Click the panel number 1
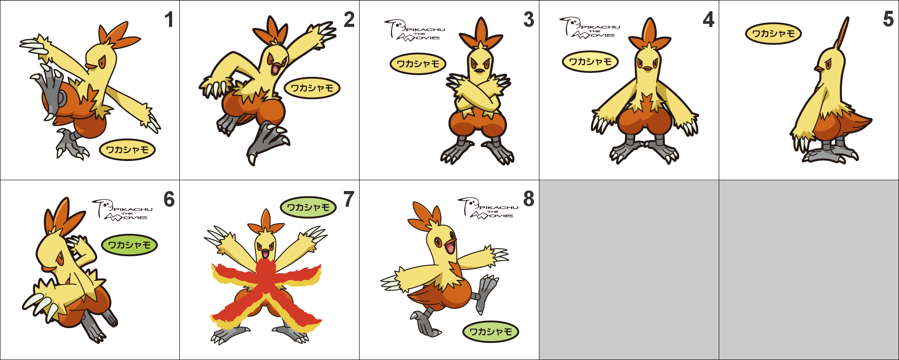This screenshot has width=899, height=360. point(169,20)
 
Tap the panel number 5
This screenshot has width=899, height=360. point(888,19)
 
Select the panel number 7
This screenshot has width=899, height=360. point(349,200)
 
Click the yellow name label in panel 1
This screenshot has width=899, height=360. point(127,150)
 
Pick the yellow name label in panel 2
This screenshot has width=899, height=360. point(312,88)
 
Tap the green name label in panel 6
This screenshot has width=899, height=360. point(129,245)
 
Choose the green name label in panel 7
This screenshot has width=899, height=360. point(308,207)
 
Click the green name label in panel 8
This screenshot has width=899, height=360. point(490,332)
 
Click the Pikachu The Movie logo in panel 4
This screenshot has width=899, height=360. point(589,28)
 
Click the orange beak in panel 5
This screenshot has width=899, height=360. point(819,69)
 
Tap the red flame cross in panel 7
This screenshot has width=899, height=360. point(267,292)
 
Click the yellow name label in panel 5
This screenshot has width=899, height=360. point(773,34)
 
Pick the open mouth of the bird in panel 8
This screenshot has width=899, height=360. point(449,247)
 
